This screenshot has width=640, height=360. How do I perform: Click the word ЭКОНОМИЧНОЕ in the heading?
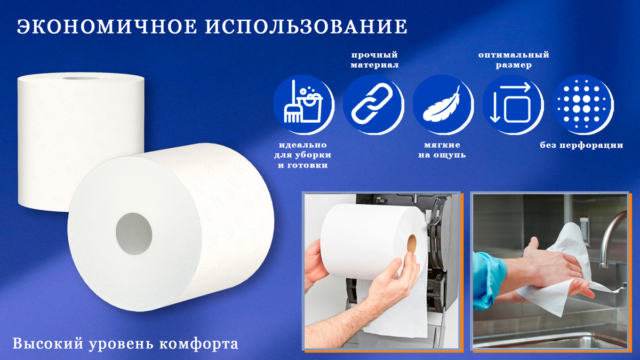click(x=107, y=27)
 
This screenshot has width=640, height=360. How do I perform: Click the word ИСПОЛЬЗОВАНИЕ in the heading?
click(x=306, y=27)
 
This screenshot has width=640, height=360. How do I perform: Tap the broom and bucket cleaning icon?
click(x=303, y=105)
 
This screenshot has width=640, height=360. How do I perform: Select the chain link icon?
click(x=373, y=105)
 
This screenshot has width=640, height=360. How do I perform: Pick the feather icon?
click(x=443, y=105)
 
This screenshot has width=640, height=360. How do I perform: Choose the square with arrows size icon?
click(x=513, y=105)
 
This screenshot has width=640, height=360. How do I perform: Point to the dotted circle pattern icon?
click(x=582, y=105)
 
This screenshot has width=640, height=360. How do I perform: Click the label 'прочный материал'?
click(x=374, y=60)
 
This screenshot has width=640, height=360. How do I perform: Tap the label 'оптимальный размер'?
click(x=514, y=60)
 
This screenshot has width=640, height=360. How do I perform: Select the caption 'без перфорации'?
click(x=581, y=145)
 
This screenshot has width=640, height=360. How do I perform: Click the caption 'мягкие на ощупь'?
click(x=442, y=150)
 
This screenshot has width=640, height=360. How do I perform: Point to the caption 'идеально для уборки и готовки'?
click(x=302, y=155)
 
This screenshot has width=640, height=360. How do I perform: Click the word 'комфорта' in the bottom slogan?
click(x=198, y=344)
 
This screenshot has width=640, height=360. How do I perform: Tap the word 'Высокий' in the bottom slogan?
click(x=48, y=343)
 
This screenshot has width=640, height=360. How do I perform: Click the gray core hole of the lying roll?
click(x=134, y=234)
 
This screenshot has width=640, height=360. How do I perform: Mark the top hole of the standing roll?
click(x=81, y=78)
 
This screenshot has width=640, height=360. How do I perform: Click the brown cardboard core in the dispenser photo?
click(x=411, y=244)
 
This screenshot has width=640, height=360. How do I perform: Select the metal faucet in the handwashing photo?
click(x=612, y=237)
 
